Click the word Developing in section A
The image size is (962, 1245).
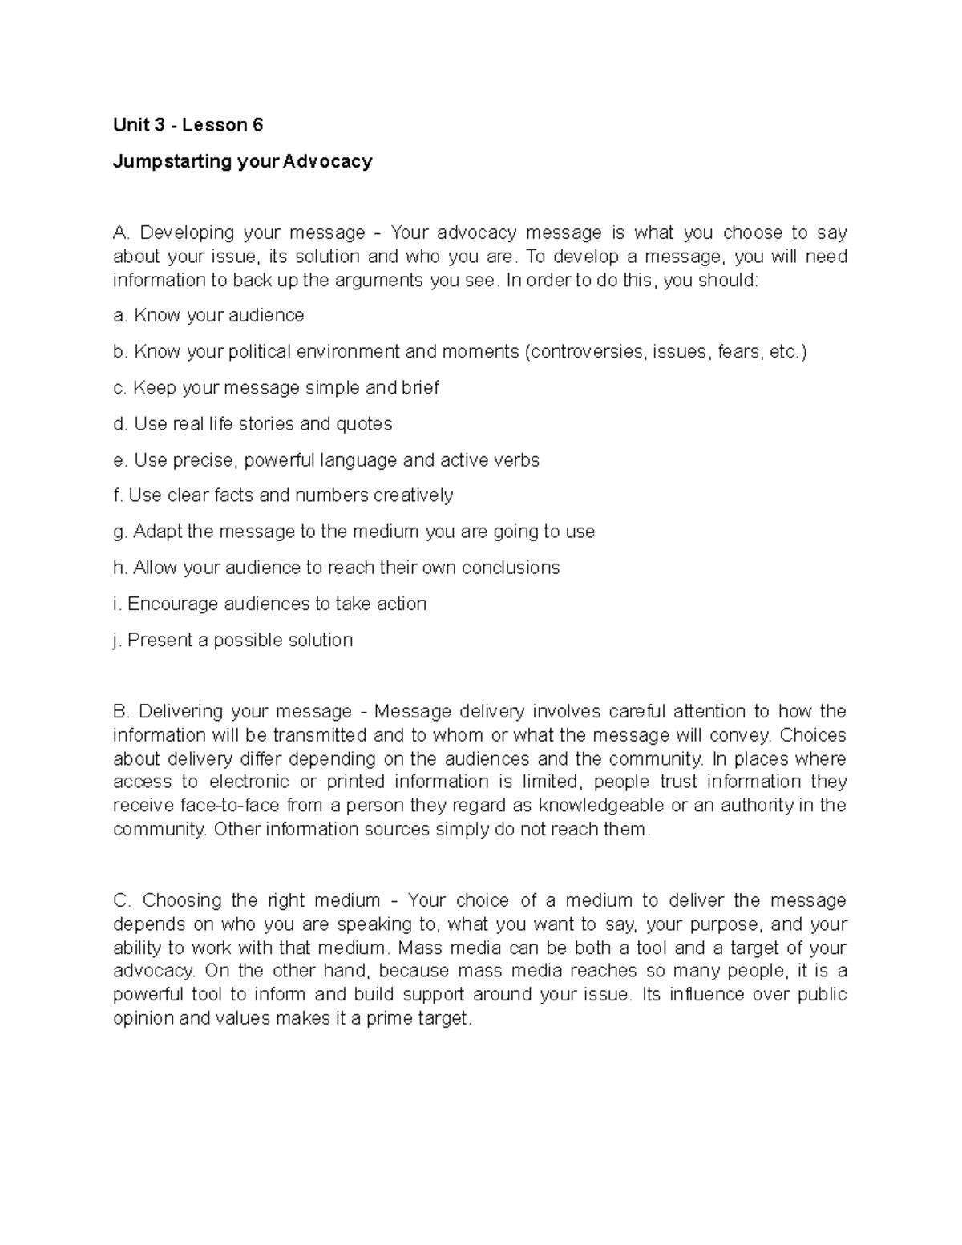[187, 233]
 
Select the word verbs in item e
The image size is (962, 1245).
[516, 460]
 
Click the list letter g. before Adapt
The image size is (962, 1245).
[120, 532]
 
